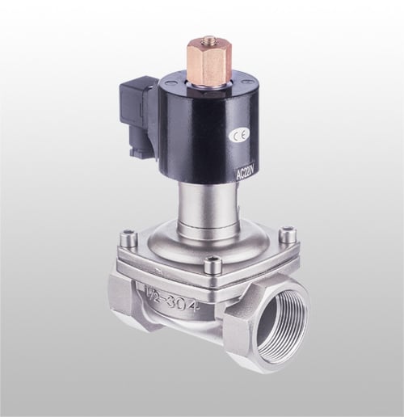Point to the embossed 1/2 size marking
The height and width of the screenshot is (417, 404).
coord(153,300)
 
